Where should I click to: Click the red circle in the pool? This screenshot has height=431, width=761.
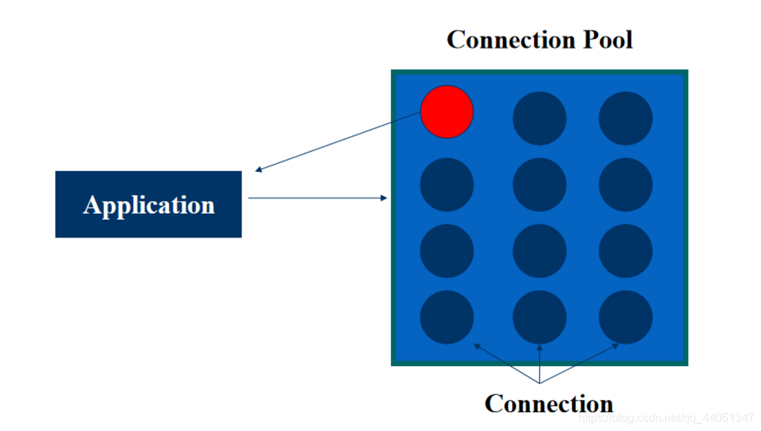[447, 112]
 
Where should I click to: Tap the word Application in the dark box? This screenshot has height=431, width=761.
[149, 205]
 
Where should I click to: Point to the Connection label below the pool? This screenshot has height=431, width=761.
[549, 403]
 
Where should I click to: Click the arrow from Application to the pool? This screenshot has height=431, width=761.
[317, 197]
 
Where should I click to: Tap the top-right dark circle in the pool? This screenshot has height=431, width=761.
[625, 118]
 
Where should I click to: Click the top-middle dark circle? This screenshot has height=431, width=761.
[540, 118]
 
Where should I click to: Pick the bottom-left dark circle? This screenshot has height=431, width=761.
[447, 317]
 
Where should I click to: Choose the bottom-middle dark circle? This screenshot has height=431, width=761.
[540, 317]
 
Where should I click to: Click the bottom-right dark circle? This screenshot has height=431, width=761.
[625, 317]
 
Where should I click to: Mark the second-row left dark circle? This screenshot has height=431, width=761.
[447, 185]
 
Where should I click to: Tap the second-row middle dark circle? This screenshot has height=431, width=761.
[540, 185]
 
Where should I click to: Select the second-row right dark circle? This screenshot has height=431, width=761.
[625, 185]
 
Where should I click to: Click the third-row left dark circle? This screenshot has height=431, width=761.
[447, 251]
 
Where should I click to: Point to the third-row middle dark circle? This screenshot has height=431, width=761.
[540, 251]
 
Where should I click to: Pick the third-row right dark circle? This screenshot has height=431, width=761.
[625, 251]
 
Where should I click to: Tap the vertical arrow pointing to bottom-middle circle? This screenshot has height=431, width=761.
[540, 362]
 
